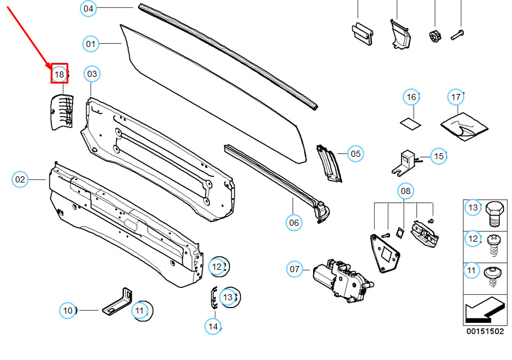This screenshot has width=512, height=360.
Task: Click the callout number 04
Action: [88, 9]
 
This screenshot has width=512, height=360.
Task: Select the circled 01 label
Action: [90, 44]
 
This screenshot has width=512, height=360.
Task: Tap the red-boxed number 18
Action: [59, 74]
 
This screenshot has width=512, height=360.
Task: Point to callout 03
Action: [92, 74]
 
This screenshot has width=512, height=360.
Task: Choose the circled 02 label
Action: [20, 179]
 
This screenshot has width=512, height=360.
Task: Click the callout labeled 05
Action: [356, 153]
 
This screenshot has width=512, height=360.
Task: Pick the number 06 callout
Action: [294, 223]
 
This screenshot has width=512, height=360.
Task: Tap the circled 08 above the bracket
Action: [406, 190]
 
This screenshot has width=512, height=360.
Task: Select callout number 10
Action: [68, 311]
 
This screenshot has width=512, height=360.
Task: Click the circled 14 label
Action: [213, 326]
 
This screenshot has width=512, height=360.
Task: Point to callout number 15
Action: [439, 156]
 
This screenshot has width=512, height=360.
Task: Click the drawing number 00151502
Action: [485, 331]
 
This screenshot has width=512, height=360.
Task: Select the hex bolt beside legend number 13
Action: [495, 214]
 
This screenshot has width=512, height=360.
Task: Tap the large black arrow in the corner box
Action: [485, 309]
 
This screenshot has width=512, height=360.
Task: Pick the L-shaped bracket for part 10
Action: [118, 301]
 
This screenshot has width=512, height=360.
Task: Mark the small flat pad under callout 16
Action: [411, 124]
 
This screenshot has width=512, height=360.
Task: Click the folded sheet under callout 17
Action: [464, 127]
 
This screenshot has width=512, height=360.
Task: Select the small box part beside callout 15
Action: [405, 163]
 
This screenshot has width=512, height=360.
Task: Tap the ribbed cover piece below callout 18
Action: [62, 112]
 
